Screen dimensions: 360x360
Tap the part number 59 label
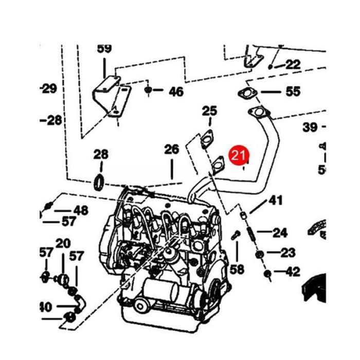(x=104, y=49)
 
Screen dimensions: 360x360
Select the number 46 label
(x=176, y=92)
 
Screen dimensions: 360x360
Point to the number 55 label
(x=293, y=92)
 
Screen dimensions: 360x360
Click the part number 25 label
(x=209, y=111)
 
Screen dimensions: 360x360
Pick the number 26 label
(x=171, y=150)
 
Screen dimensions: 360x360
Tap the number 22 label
(x=293, y=64)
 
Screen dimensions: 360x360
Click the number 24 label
(x=280, y=233)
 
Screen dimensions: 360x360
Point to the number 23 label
(x=289, y=253)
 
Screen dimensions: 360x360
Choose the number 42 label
(x=292, y=272)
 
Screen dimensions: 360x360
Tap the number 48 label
(x=81, y=210)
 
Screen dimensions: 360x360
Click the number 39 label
(x=310, y=127)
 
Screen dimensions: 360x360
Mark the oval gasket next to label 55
(x=247, y=94)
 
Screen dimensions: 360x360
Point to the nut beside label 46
(x=148, y=91)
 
